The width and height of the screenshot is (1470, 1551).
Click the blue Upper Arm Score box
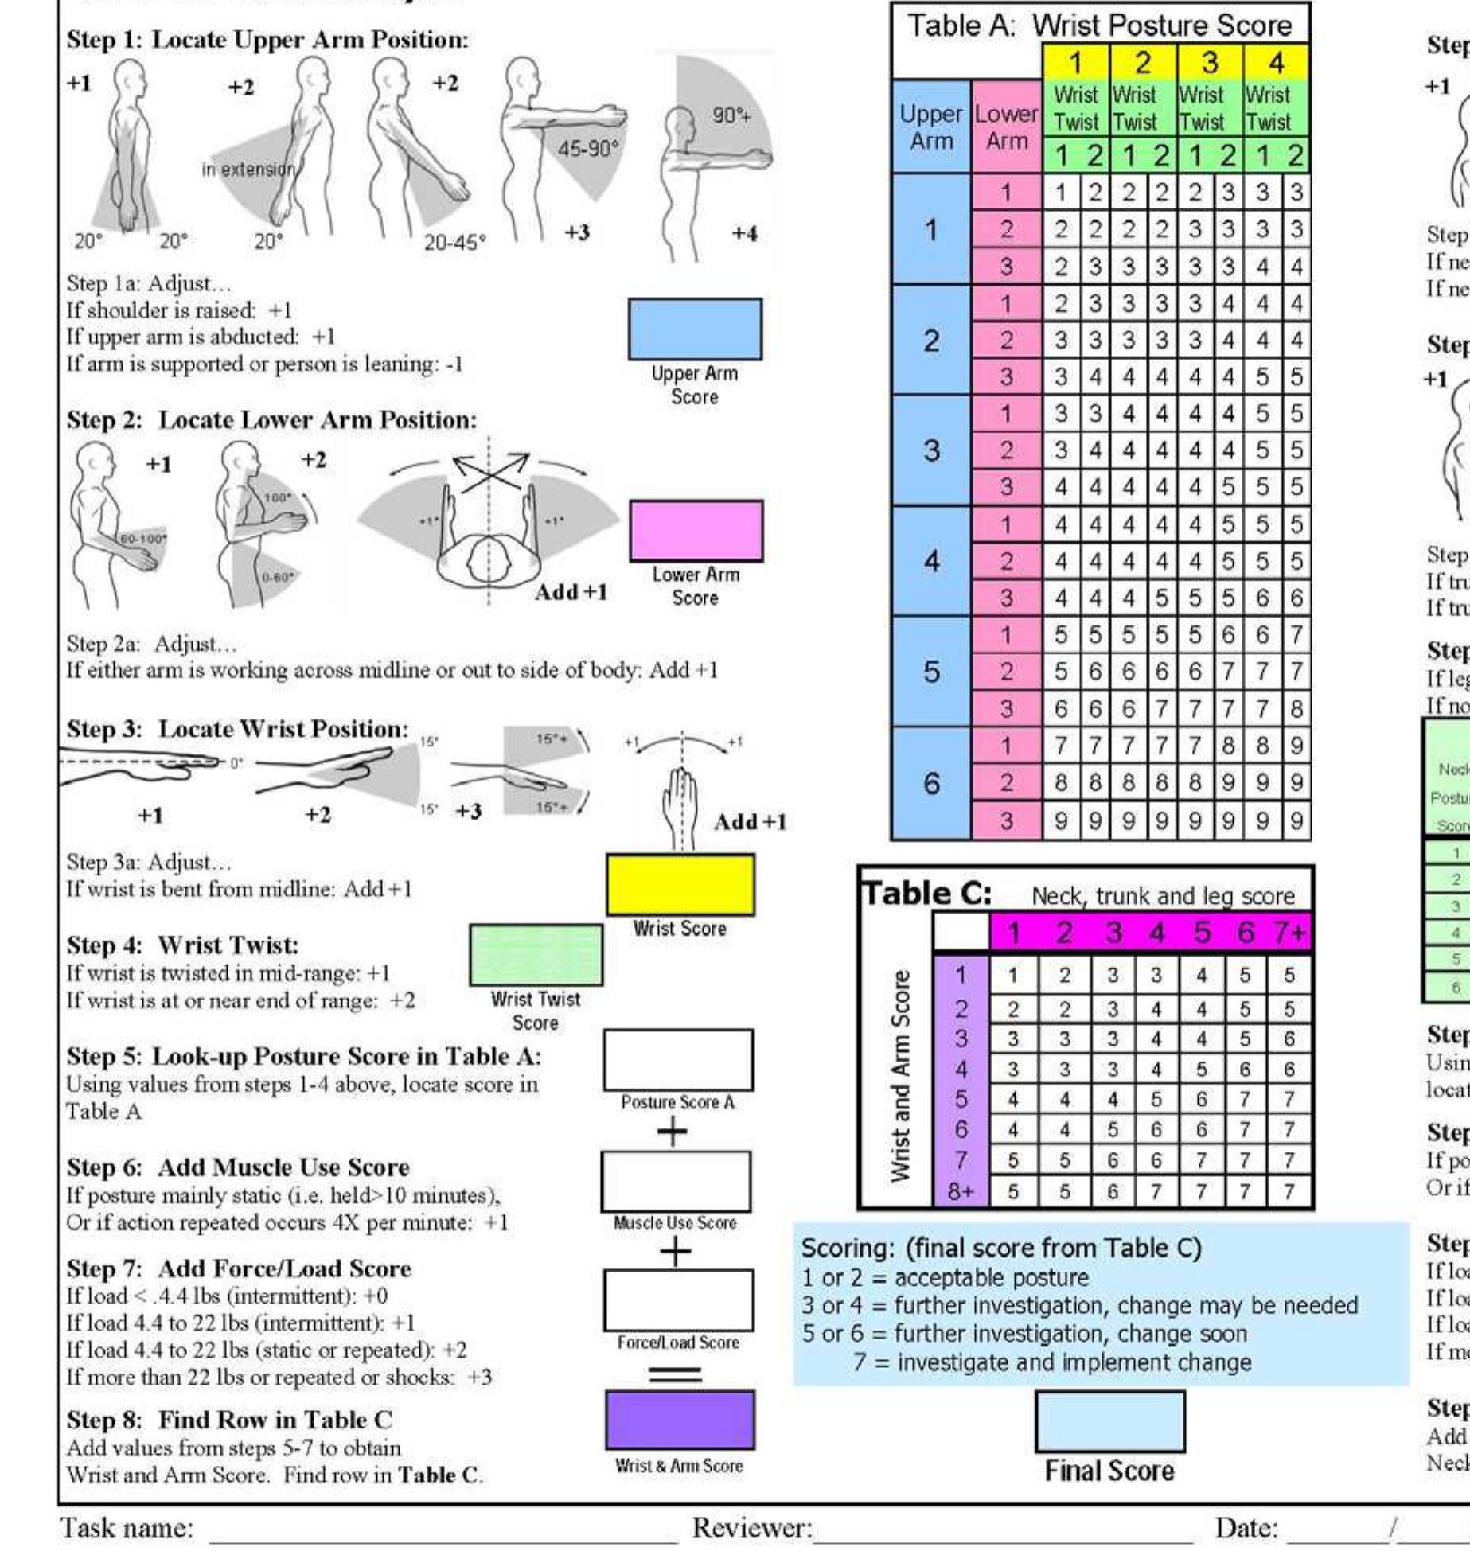coord(694,329)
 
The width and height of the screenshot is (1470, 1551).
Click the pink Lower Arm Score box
coord(696,530)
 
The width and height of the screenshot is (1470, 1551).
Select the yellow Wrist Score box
coord(680,884)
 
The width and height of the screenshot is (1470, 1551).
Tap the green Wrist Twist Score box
coord(536,954)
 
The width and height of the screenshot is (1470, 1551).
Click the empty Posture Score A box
coord(678,1060)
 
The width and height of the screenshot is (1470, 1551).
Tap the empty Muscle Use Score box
coord(676,1181)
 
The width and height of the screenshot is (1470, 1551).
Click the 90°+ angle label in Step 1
coord(731,116)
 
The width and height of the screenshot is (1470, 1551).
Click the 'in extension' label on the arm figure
coord(248,170)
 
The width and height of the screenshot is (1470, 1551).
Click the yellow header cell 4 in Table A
coord(1276,62)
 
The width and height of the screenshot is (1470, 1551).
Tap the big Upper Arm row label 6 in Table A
coord(930,784)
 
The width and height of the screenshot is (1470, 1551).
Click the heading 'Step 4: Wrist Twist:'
coord(182,945)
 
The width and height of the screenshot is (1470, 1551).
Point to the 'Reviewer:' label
coord(752,1528)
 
